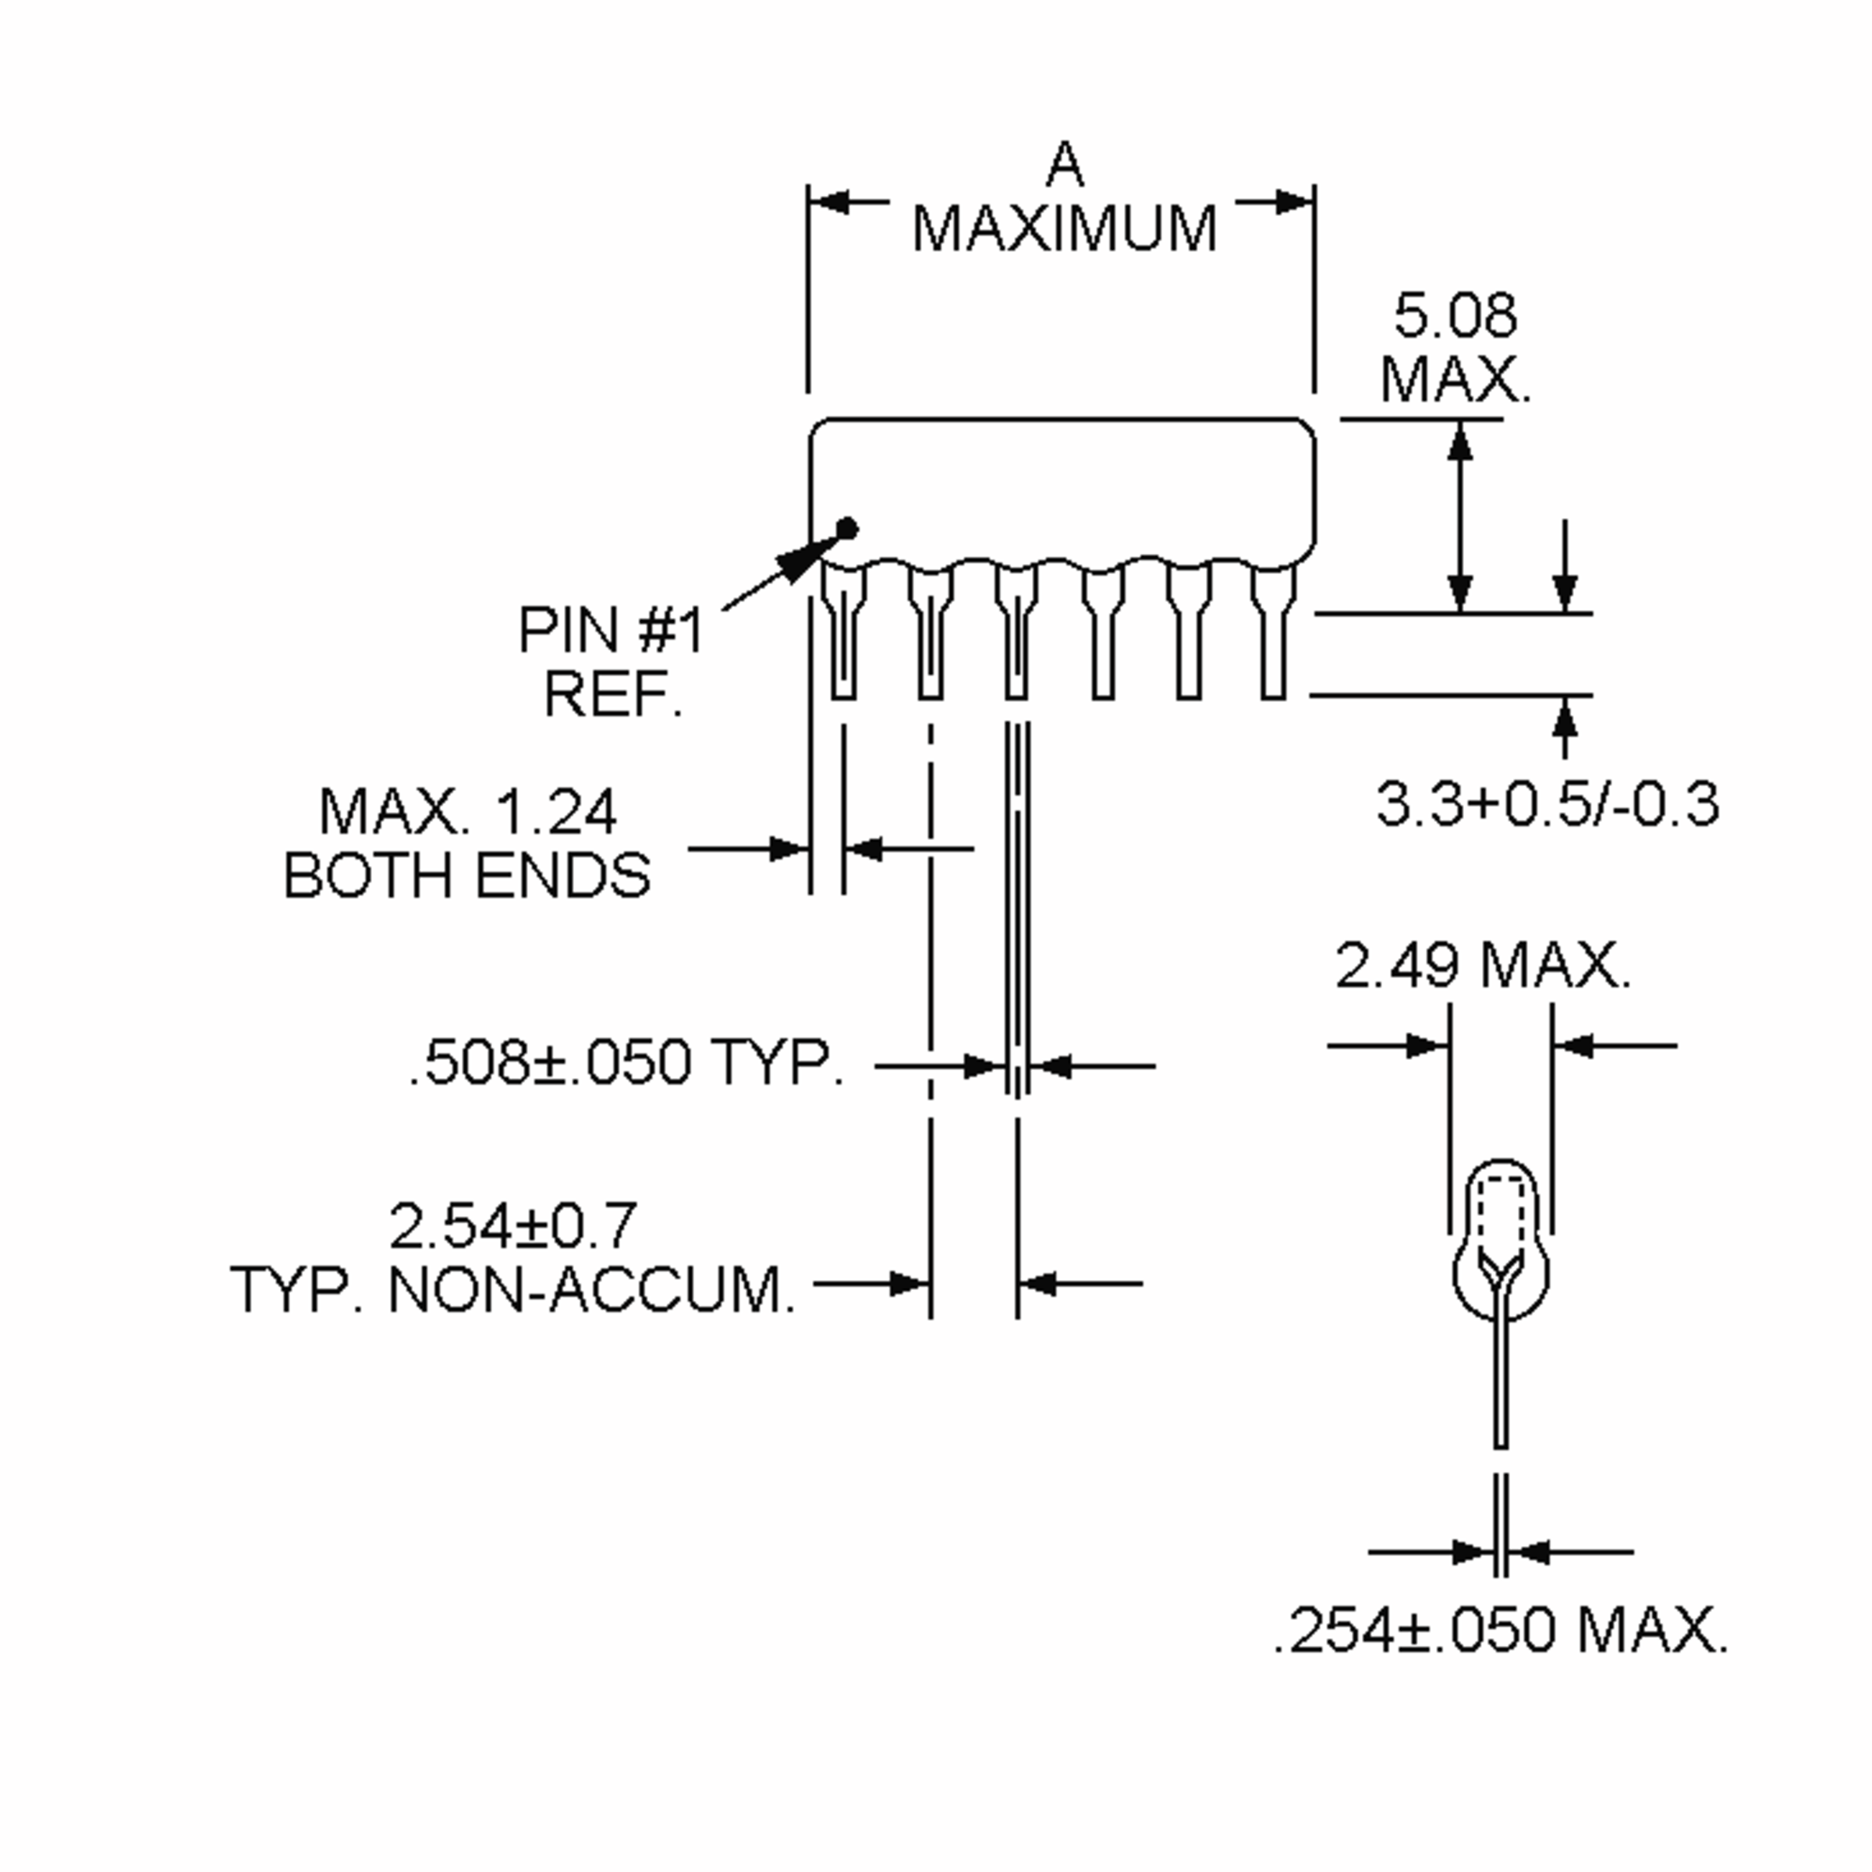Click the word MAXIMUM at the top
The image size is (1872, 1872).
pos(1064,229)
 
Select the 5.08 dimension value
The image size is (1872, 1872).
pos(1455,316)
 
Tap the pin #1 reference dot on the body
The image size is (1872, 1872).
pos(847,529)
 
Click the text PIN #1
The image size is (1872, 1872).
pos(611,631)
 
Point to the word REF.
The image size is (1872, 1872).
pos(612,695)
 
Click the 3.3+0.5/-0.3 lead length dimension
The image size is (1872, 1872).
pos(1548,803)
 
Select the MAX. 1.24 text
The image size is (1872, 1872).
pos(467,811)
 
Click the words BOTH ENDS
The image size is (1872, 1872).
pos(467,875)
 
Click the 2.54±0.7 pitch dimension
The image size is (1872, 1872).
pos(513,1225)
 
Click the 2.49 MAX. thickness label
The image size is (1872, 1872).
pos(1484,966)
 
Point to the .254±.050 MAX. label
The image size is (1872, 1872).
pos(1501,1629)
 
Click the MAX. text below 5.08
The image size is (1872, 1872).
pos(1455,380)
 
